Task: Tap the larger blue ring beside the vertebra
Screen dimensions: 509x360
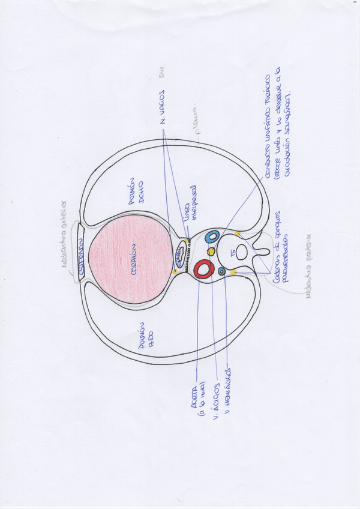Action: point(211,236)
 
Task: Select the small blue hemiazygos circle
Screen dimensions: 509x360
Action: point(222,271)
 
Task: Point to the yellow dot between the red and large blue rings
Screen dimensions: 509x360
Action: point(211,250)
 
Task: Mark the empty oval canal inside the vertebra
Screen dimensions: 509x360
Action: point(242,252)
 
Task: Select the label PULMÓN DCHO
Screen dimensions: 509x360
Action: point(137,191)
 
